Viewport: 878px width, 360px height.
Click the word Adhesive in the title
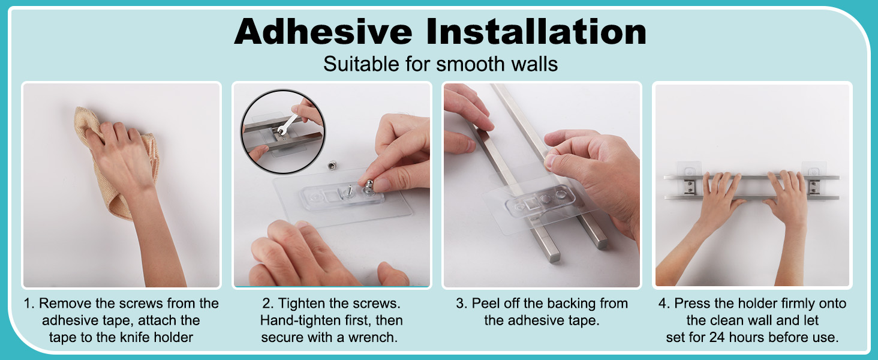click(x=323, y=31)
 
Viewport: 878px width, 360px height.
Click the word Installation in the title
click(x=536, y=31)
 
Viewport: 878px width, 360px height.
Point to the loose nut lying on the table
click(x=332, y=166)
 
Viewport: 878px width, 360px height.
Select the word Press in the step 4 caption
click(x=692, y=303)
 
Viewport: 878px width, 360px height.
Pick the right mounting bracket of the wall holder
click(x=814, y=181)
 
